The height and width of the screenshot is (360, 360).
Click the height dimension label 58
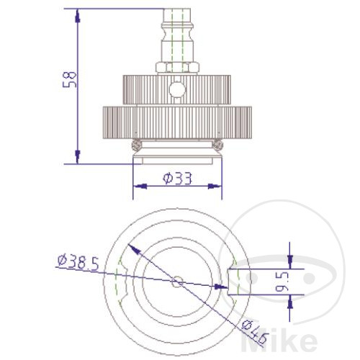(x=69, y=79)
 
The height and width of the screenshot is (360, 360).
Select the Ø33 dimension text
(x=178, y=179)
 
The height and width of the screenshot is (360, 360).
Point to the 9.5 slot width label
(x=282, y=282)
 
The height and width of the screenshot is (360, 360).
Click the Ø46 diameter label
(x=254, y=332)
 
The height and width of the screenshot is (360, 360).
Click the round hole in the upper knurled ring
(x=177, y=90)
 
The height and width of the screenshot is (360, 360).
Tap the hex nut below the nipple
(x=177, y=68)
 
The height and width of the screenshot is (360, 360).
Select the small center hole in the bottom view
(x=177, y=282)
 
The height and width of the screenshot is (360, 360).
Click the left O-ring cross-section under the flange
(x=137, y=145)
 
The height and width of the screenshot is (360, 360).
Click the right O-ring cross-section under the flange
(x=218, y=145)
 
